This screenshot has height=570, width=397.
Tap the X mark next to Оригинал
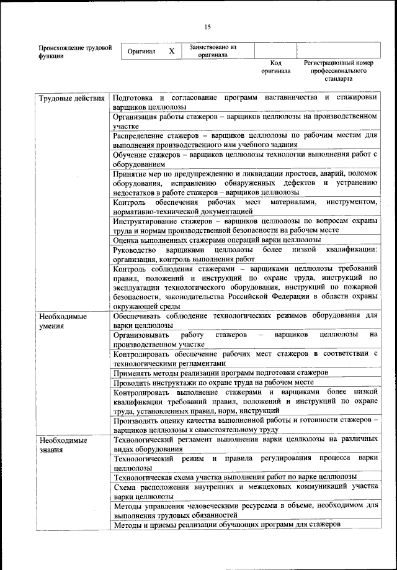click(171, 52)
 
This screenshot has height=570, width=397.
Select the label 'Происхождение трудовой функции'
click(74, 51)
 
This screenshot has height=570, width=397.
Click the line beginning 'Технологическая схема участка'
click(234, 476)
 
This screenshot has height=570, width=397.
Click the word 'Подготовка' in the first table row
click(132, 98)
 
